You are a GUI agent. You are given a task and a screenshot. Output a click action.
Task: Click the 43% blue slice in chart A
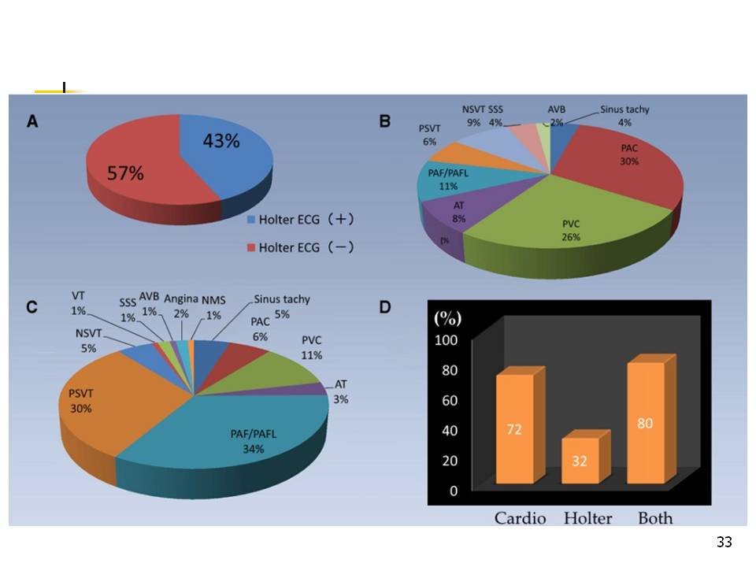pos(224,154)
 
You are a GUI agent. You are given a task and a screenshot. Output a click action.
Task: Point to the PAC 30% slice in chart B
pos(622,165)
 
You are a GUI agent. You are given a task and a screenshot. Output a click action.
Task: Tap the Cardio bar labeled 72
pos(515,429)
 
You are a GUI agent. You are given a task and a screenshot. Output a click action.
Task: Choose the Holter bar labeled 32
pos(581,461)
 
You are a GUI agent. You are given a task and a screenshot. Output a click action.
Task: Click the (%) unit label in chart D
pos(448,319)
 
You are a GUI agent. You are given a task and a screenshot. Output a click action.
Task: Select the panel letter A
pos(33,121)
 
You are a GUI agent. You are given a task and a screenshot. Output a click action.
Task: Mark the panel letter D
pos(385,306)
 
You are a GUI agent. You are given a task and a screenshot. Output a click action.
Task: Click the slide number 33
pos(724,542)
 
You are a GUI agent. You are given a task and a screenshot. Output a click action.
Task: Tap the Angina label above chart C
pos(180,299)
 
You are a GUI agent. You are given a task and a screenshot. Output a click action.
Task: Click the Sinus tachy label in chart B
pos(624,109)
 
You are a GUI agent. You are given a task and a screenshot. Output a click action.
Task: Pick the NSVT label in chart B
pos(473,109)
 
